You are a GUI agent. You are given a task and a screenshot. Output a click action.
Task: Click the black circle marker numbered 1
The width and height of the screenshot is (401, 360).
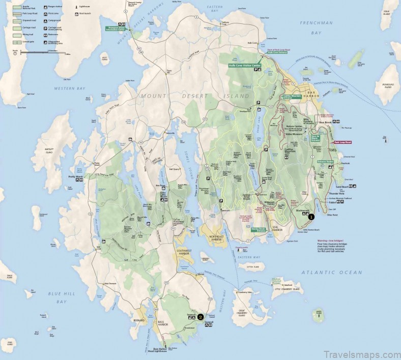click(311, 216)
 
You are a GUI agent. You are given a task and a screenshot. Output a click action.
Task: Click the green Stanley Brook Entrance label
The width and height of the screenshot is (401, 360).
click(259, 229)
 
